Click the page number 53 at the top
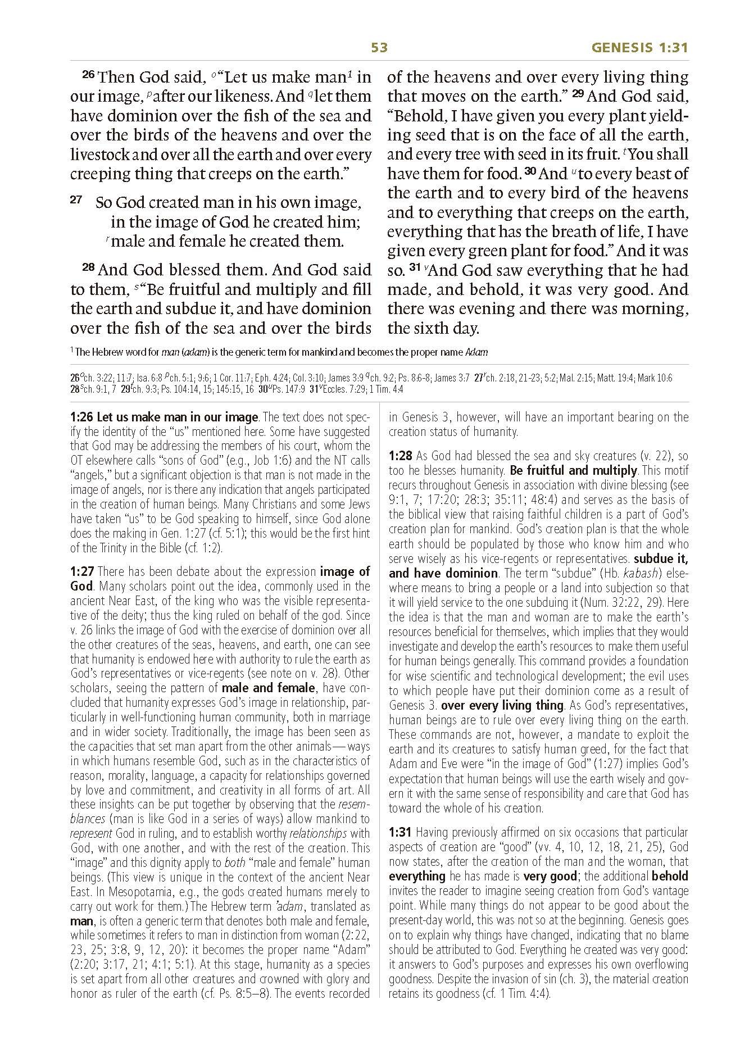[379, 48]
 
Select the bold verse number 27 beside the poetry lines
[76, 199]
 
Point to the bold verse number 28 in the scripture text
[89, 267]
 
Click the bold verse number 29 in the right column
[578, 94]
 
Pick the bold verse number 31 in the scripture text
[415, 268]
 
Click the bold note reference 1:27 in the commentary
[82, 572]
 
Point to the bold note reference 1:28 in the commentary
[401, 456]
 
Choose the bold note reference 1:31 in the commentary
[401, 832]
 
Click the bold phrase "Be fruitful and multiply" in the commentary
[573, 470]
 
